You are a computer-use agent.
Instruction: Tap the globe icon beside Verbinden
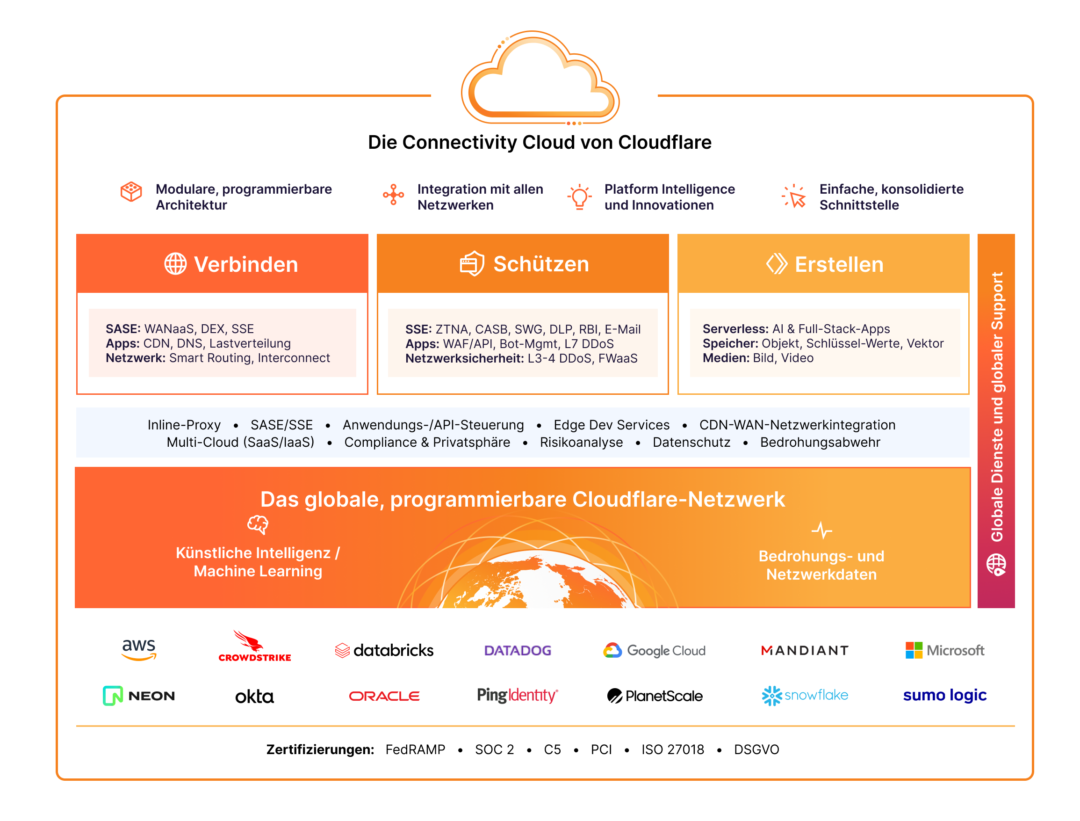[175, 264]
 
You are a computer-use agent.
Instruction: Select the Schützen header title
[541, 264]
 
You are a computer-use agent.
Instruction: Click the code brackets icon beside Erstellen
[776, 264]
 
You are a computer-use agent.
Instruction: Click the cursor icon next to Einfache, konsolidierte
[794, 196]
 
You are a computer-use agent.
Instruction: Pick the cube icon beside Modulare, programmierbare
[131, 192]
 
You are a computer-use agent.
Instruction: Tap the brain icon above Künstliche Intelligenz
[258, 525]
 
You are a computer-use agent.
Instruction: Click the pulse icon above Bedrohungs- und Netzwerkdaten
[821, 530]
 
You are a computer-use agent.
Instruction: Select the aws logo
[139, 649]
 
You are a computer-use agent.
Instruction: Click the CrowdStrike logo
[254, 647]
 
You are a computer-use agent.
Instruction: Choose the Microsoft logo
[945, 650]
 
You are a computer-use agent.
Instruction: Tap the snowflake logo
[805, 696]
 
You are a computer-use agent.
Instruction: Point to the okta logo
[254, 697]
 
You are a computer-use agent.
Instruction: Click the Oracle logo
[384, 696]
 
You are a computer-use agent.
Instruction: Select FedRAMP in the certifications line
[415, 749]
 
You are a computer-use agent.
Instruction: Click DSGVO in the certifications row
[756, 749]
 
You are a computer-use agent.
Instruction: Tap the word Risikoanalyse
[581, 442]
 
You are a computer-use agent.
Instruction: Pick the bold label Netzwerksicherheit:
[465, 358]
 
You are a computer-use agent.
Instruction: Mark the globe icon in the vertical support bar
[996, 565]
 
